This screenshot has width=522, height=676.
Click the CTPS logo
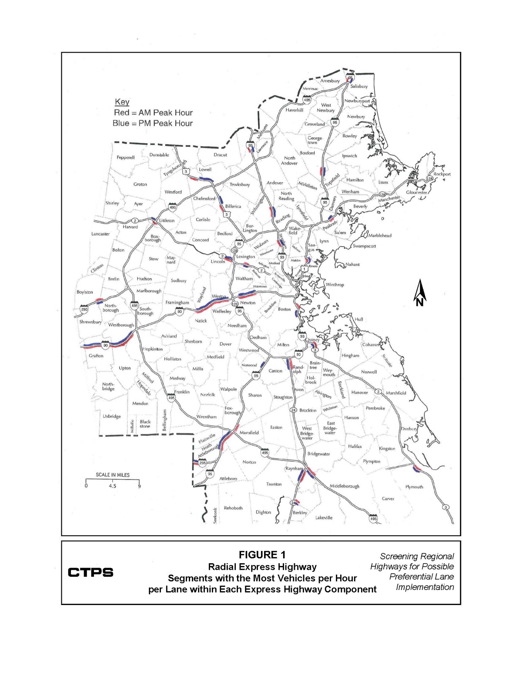[x=90, y=572]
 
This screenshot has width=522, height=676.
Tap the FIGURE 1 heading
[x=262, y=555]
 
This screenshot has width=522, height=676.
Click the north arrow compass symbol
[x=420, y=293]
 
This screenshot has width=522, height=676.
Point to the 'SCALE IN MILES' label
[x=113, y=475]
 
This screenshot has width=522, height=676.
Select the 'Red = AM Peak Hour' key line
[x=153, y=113]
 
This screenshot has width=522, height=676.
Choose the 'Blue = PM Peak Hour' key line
[x=153, y=124]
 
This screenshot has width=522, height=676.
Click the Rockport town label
[x=442, y=174]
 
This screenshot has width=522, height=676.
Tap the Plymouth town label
[x=414, y=487]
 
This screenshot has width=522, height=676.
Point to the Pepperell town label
[x=125, y=158]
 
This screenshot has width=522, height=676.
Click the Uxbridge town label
[x=111, y=417]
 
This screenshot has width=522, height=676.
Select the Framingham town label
[x=177, y=303]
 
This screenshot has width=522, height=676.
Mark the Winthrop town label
[x=335, y=285]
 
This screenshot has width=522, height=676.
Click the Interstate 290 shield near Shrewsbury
[x=84, y=309]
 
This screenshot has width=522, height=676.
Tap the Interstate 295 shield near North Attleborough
[x=202, y=463]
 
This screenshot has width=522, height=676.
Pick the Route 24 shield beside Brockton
[x=293, y=410]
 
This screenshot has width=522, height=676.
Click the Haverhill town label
[x=294, y=110]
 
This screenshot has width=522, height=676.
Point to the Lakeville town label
[x=324, y=518]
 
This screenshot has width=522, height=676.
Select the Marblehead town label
[x=380, y=235]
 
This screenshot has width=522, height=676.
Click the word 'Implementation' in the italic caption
[x=425, y=587]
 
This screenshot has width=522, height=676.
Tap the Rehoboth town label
[x=233, y=508]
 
